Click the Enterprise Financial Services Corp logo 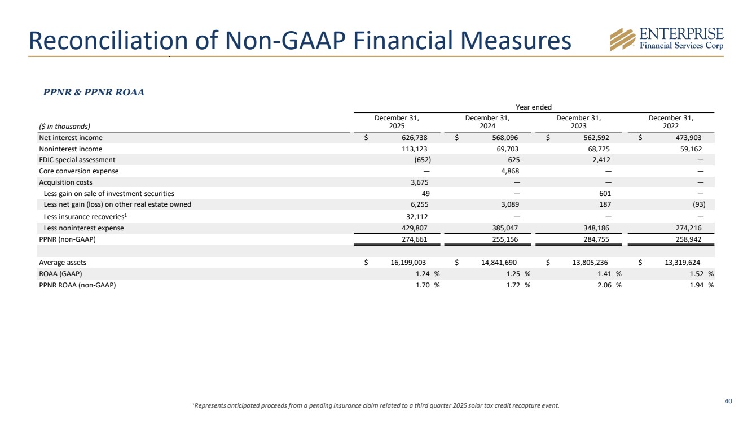point(667,40)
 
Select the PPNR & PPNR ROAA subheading point(94,93)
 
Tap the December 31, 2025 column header point(397,121)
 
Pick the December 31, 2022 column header point(671,121)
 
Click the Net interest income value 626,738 point(415,138)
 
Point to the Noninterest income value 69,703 point(507,149)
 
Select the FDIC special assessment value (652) point(423,160)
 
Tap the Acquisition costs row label point(65,182)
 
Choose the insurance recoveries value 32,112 point(417,217)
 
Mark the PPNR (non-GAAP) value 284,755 point(596,239)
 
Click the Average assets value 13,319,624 point(683,263)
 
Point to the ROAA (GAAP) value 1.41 point(604,274)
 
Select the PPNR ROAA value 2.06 point(604,285)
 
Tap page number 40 point(728,401)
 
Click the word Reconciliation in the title point(107,40)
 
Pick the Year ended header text point(534,107)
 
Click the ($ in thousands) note point(64,127)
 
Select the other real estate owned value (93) point(700,204)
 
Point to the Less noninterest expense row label point(83,228)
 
